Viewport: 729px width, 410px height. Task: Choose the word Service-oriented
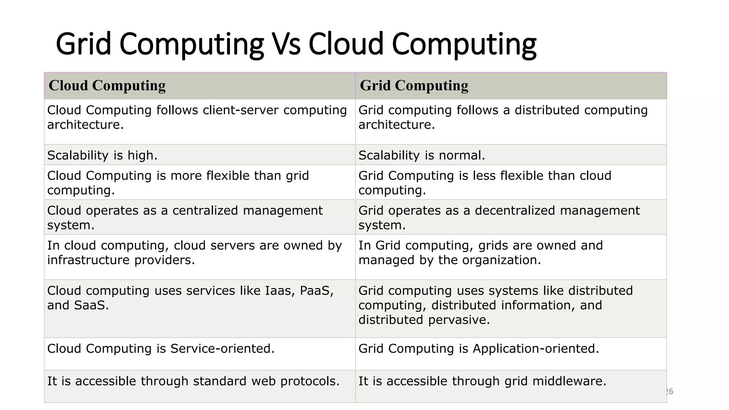point(222,348)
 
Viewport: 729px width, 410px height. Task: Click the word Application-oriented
point(536,348)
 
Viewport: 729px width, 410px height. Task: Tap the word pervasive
point(459,320)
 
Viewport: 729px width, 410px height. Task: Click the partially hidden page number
point(670,391)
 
